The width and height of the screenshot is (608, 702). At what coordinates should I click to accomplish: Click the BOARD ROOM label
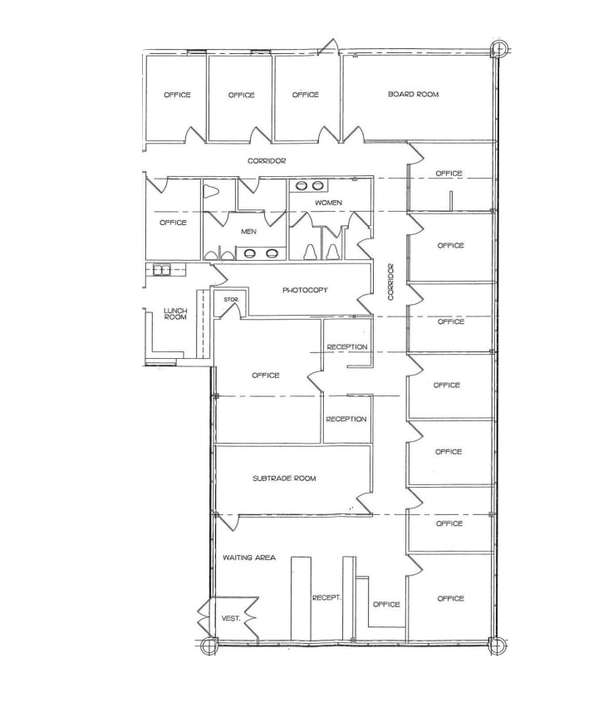(413, 95)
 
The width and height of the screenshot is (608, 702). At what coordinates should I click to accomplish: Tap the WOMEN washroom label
(328, 203)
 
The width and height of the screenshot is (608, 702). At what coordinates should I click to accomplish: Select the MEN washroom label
(248, 232)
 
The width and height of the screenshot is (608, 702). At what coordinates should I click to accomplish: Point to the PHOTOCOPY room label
(305, 290)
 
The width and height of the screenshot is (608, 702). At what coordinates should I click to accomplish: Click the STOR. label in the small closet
(230, 298)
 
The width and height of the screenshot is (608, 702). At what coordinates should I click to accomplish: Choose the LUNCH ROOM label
(174, 313)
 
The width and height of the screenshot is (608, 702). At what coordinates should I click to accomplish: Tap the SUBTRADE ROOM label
(284, 479)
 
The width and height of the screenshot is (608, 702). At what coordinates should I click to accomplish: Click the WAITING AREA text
(248, 557)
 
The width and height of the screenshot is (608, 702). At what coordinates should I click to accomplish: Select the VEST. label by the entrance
(232, 617)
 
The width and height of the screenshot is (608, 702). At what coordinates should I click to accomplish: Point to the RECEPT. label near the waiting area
(327, 597)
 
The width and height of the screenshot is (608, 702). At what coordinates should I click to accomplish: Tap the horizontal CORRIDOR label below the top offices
(267, 160)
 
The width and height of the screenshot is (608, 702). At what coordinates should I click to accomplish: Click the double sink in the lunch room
(159, 269)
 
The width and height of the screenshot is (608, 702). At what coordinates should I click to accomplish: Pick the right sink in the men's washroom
(272, 253)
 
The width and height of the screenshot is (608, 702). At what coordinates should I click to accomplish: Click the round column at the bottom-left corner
(210, 645)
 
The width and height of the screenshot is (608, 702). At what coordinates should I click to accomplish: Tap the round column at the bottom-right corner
(497, 645)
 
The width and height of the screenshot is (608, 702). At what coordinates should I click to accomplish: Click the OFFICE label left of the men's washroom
(173, 223)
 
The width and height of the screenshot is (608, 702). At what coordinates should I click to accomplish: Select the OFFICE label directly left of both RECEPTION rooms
(265, 376)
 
